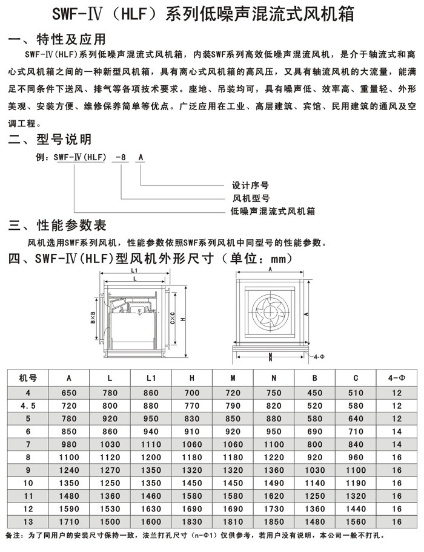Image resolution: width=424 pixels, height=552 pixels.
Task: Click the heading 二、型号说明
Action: [x=50, y=140]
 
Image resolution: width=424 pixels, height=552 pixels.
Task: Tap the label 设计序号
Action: [x=251, y=185]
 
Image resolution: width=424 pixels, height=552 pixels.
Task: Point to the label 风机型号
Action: [x=251, y=198]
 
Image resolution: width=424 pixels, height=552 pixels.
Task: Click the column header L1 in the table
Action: [x=151, y=378]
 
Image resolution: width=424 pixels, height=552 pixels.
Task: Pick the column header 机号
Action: [x=28, y=378]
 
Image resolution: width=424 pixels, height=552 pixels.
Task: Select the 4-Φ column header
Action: [x=397, y=378]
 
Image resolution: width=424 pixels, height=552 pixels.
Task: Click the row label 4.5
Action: [x=28, y=405]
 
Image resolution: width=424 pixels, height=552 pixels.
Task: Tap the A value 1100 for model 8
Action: [x=69, y=458]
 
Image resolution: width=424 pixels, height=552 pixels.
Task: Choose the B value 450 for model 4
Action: [x=314, y=392]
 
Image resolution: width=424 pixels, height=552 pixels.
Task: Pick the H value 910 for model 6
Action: [x=191, y=432]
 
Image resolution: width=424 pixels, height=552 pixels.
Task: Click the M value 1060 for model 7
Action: [x=233, y=445]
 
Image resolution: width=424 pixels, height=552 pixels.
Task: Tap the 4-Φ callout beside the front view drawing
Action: [x=320, y=357]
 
